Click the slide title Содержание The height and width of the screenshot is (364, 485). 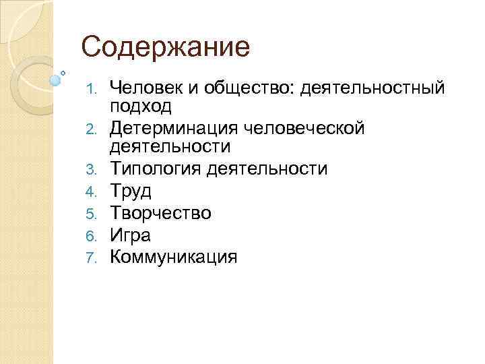click(x=165, y=47)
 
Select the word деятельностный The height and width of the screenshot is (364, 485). click(x=373, y=88)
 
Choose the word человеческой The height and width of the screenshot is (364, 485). click(x=309, y=127)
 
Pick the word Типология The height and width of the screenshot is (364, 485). click(x=156, y=169)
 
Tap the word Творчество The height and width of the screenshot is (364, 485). click(x=160, y=213)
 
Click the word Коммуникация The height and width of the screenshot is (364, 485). click(x=174, y=257)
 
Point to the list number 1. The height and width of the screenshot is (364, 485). click(x=96, y=88)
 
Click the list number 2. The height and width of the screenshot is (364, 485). click(x=96, y=127)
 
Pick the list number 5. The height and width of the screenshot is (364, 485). click(x=96, y=214)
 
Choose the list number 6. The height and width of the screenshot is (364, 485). click(x=96, y=236)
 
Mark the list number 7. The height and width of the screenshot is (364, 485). click(x=96, y=257)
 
